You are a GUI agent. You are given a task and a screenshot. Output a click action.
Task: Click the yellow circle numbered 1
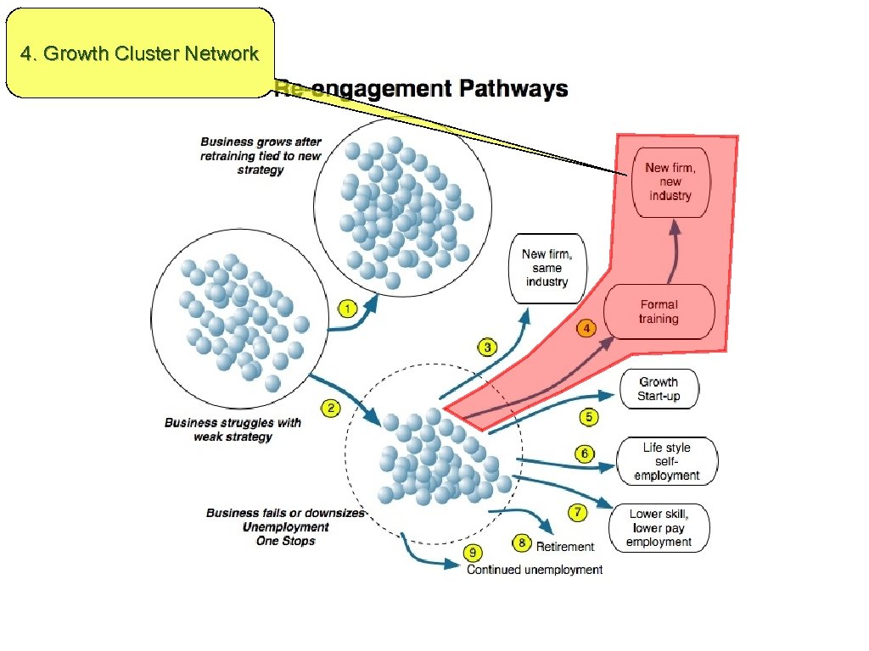[x=346, y=308]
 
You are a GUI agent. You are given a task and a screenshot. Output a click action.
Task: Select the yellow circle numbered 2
[x=331, y=409]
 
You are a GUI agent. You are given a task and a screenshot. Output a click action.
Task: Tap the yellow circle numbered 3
[x=487, y=347]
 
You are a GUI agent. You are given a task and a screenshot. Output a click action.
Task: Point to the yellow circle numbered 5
[x=589, y=416]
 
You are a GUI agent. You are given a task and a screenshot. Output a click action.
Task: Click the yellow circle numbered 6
[x=585, y=454]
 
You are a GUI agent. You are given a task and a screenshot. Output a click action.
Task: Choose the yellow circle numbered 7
[x=578, y=512]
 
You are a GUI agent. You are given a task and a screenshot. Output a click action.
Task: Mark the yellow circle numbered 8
[x=522, y=542]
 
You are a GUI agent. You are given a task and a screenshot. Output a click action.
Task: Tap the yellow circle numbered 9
[x=473, y=554]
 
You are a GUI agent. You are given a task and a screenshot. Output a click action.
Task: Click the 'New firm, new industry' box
[x=670, y=182]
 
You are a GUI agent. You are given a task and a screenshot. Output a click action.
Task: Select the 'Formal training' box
[x=659, y=312]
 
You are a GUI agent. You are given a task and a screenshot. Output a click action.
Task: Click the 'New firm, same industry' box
[x=547, y=268]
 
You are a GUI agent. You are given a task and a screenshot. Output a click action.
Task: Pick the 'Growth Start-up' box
[x=659, y=389]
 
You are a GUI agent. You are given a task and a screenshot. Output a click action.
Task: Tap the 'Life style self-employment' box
[x=666, y=461]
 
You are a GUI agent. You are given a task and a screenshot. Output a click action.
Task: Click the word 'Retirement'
[x=565, y=547]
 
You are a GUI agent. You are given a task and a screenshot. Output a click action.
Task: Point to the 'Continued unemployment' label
[x=535, y=570]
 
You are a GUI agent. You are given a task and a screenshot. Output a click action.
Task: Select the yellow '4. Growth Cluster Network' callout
[x=140, y=53]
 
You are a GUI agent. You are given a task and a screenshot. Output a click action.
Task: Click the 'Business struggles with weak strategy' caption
[x=233, y=429]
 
